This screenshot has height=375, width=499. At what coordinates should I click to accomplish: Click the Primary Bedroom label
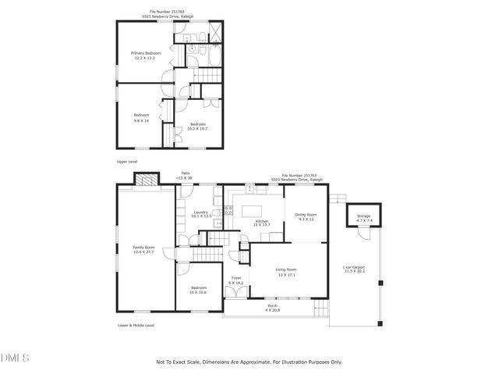(146, 55)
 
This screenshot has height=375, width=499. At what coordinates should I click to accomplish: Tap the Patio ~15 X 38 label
(186, 177)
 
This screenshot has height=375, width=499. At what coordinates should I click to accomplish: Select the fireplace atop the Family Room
(145, 182)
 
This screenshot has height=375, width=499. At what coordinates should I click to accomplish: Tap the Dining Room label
(306, 216)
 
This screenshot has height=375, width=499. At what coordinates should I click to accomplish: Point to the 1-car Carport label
(354, 270)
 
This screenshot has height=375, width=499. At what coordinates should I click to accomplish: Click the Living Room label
(286, 272)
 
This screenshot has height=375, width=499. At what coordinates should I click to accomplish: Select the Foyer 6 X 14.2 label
(236, 280)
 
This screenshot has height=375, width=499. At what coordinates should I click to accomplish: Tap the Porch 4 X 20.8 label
(272, 308)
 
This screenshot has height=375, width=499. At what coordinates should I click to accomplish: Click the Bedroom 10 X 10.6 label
(197, 290)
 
